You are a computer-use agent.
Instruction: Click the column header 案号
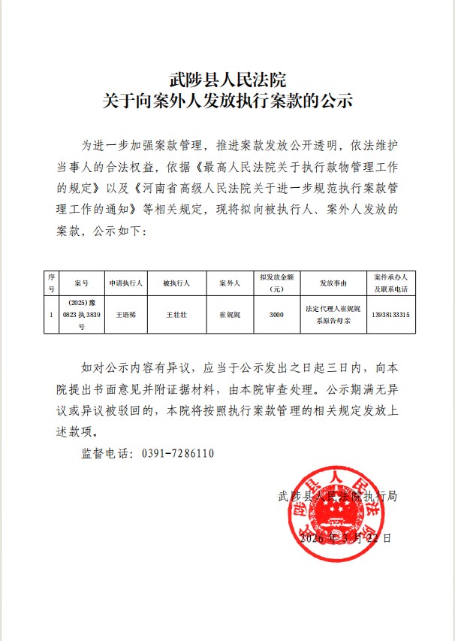click(82, 283)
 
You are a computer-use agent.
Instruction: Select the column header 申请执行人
click(124, 283)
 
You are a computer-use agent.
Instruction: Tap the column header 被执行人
click(176, 283)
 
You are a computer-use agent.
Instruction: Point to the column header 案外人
click(228, 283)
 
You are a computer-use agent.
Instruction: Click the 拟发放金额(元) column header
click(276, 283)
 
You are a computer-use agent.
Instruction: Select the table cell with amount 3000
click(276, 315)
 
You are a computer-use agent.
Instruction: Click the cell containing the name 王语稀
click(124, 315)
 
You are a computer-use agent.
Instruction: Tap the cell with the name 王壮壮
click(176, 315)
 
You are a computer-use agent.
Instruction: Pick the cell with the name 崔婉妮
click(228, 315)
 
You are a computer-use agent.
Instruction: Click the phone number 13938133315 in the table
click(390, 315)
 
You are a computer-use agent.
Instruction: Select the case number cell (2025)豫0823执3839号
click(82, 316)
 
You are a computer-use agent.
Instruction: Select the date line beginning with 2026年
click(345, 539)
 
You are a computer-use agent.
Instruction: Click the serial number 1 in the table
click(51, 315)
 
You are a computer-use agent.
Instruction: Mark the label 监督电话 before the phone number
click(105, 454)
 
